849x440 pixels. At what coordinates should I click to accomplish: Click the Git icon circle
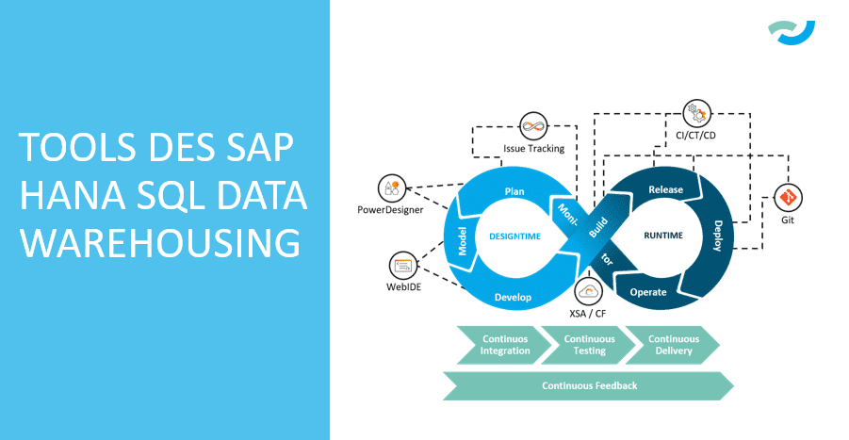[x=787, y=198]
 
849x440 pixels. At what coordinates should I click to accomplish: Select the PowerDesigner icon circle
[x=391, y=188]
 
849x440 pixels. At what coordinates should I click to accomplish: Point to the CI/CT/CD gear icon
[x=698, y=113]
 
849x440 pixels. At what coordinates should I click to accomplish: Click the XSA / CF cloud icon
[x=588, y=289]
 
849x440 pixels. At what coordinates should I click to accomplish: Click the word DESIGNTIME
[x=514, y=236]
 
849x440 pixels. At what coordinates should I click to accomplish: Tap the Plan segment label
[x=514, y=191]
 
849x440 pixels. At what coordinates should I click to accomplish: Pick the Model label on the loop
[x=464, y=240]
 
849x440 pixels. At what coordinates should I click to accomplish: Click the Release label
[x=665, y=189]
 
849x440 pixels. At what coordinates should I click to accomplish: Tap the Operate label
[x=647, y=292]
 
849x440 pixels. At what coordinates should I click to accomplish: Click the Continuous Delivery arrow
[x=673, y=345]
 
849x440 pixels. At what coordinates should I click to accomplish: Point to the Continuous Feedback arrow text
[x=589, y=385]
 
